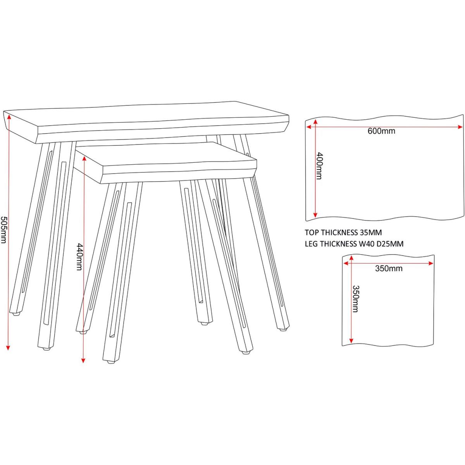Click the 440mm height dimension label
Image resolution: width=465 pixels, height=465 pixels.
tap(79, 257)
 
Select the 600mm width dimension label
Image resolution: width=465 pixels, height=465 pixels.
tap(382, 131)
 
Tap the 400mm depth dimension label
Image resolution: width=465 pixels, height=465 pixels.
tap(319, 166)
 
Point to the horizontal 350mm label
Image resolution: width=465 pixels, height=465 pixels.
tap(389, 268)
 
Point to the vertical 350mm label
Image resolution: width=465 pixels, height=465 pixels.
tap(355, 299)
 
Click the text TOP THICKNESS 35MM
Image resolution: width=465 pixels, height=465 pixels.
tap(343, 232)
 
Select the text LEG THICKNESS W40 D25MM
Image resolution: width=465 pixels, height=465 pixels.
tap(354, 244)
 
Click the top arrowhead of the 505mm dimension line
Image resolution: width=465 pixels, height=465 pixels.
tap(9, 117)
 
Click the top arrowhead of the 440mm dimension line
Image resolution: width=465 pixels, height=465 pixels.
tap(84, 158)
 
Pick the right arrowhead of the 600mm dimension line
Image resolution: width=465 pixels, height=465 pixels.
tap(459, 127)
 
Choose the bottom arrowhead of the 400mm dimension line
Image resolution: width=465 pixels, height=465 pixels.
tap(315, 214)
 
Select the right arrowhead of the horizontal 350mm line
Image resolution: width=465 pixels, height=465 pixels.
tap(430, 263)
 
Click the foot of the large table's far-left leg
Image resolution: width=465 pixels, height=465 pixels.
tap(15, 315)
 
